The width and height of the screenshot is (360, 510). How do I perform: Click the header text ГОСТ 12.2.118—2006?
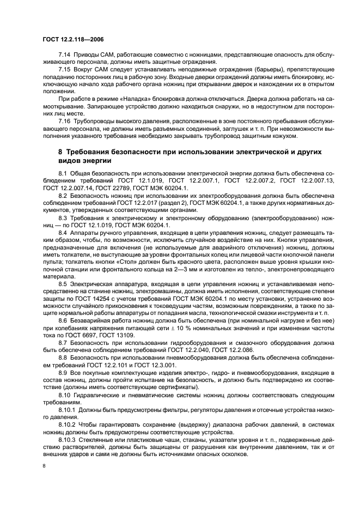[x=74, y=40]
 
